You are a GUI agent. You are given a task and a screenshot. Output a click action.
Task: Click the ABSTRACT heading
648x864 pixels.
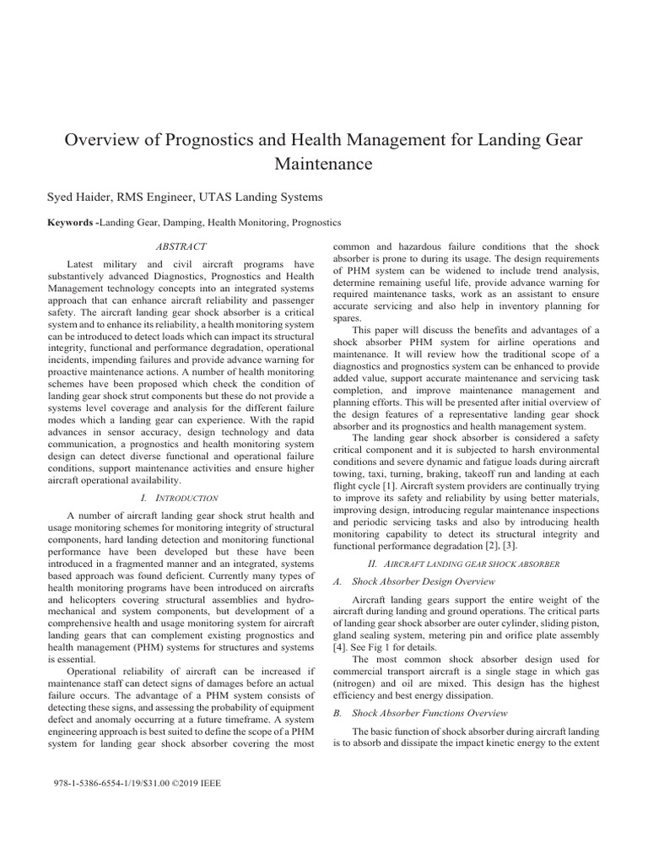click(181, 246)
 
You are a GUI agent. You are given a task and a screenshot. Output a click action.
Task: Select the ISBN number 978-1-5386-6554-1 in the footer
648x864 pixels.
click(94, 783)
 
